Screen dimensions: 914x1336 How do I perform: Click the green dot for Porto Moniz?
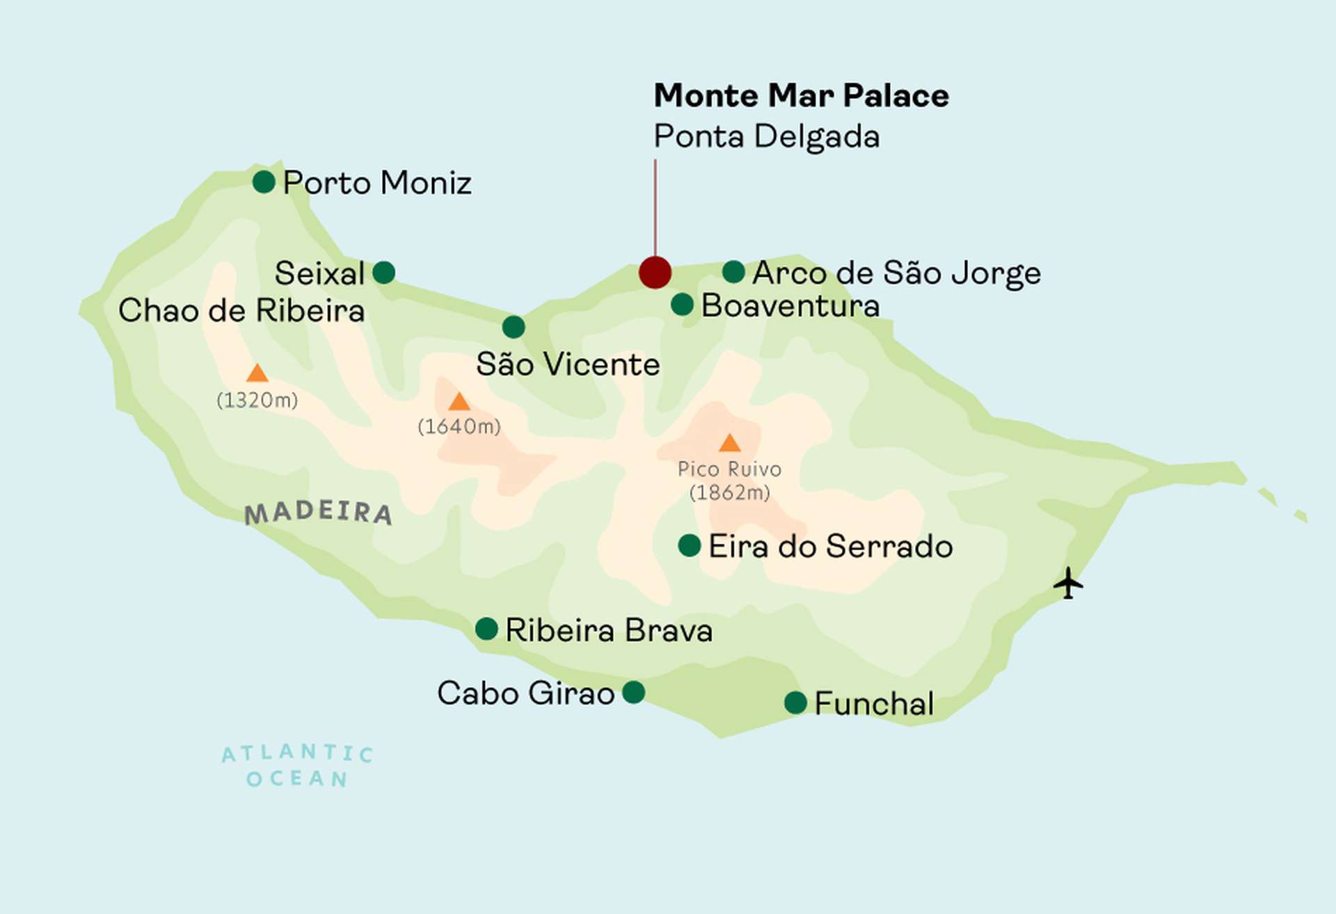click(264, 182)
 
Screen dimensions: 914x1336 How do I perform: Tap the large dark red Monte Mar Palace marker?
click(655, 272)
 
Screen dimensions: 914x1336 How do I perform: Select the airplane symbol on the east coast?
click(1068, 583)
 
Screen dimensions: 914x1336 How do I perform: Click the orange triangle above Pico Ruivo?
click(729, 443)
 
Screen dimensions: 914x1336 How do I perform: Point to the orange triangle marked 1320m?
click(257, 374)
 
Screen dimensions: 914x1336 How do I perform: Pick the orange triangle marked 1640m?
click(459, 402)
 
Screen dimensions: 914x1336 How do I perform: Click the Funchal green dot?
click(795, 703)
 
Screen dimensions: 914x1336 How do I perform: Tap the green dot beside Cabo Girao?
click(633, 692)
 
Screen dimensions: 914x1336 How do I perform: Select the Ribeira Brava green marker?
click(486, 629)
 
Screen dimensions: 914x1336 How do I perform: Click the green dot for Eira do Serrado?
click(689, 545)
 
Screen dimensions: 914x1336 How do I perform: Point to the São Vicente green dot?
click(514, 326)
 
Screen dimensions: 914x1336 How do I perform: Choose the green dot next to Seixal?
click(384, 272)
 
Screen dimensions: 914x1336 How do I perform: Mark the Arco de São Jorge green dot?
click(733, 271)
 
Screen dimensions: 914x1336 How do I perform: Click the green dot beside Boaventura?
click(682, 304)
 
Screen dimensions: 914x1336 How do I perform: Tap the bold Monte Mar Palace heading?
click(801, 95)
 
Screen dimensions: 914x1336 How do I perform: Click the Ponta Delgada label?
click(766, 136)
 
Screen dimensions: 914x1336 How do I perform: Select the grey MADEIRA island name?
click(319, 513)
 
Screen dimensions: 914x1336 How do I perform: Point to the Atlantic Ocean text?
click(298, 766)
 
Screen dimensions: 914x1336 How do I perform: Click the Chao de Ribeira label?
click(241, 310)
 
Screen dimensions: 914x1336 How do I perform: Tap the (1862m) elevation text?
click(729, 492)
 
